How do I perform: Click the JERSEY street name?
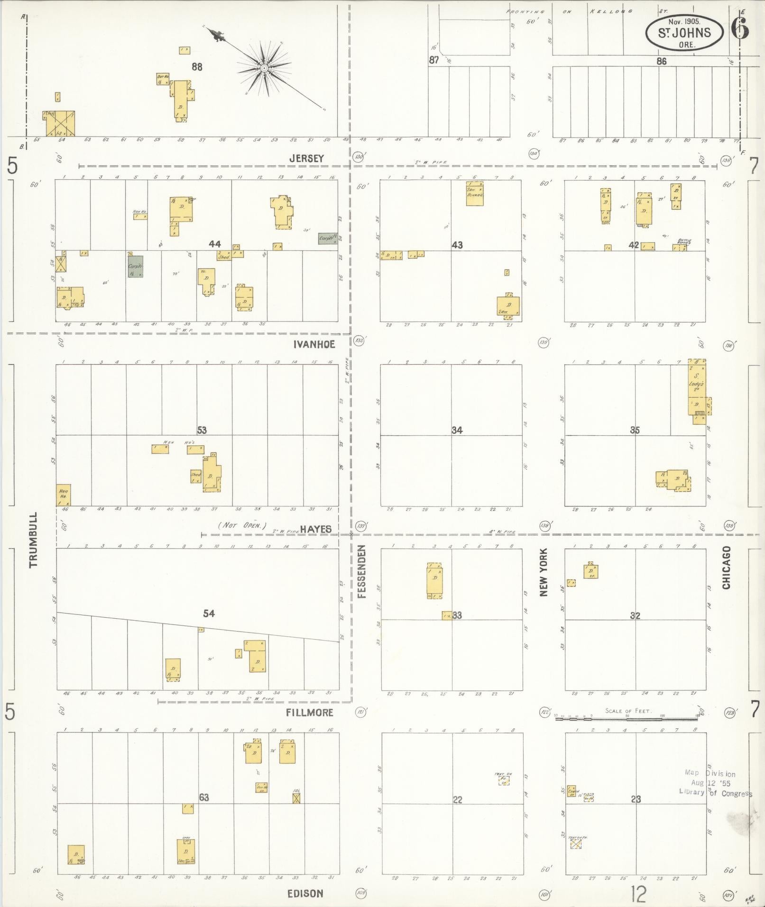pos(306,158)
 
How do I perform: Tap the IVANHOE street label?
pos(314,344)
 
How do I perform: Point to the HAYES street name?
pos(315,529)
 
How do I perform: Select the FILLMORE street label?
pos(310,713)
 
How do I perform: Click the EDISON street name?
pos(305,894)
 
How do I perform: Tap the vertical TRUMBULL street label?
pos(33,540)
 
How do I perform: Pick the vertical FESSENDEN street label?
pos(362,571)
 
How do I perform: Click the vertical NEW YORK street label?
pos(544,572)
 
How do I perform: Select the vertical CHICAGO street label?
pos(726,568)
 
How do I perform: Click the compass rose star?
pos(264,69)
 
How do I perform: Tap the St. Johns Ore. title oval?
pos(684,32)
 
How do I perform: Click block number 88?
pos(197,67)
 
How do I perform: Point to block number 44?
pos(215,244)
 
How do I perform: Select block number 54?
pos(209,614)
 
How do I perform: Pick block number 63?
pos(204,797)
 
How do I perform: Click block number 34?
pos(457,431)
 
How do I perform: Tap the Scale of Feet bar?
pos(628,719)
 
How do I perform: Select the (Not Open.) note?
pos(242,526)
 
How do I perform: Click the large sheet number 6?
pos(740,29)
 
